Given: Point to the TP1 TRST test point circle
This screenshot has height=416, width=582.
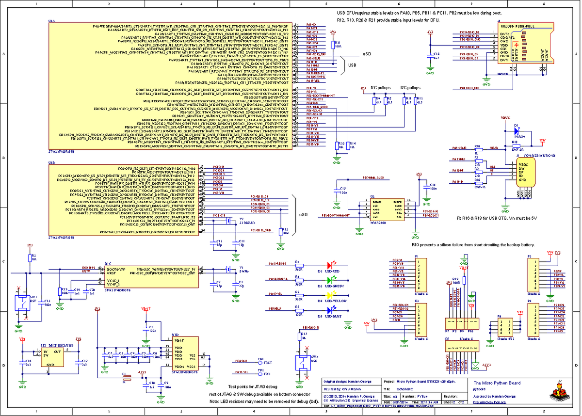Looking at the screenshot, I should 260,362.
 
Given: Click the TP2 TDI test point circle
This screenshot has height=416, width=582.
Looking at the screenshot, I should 260,372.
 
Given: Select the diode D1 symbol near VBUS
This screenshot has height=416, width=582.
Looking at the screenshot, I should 517,130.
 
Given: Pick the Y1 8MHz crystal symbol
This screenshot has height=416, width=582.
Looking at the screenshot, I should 228,270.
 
